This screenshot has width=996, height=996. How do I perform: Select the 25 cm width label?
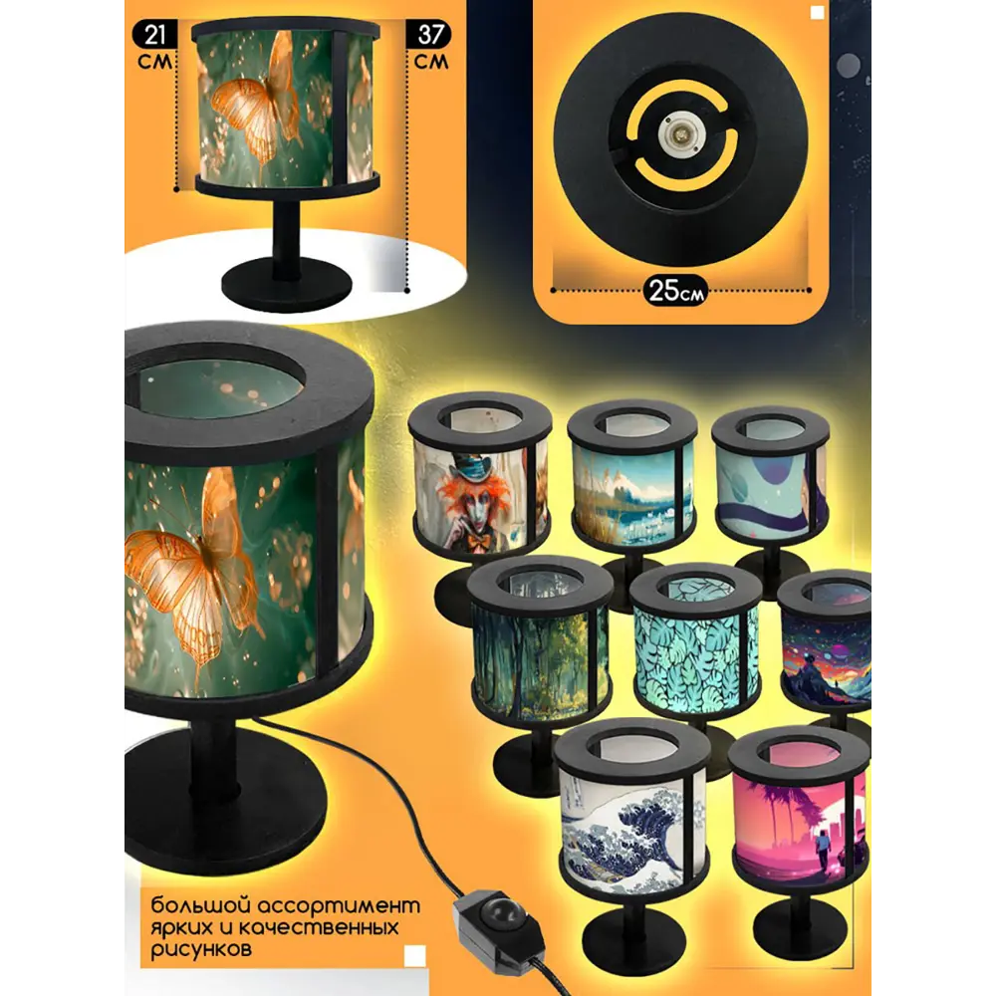click(675, 291)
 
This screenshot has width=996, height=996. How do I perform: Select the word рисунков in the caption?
click(201, 949)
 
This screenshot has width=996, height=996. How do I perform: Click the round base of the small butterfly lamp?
click(287, 283)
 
